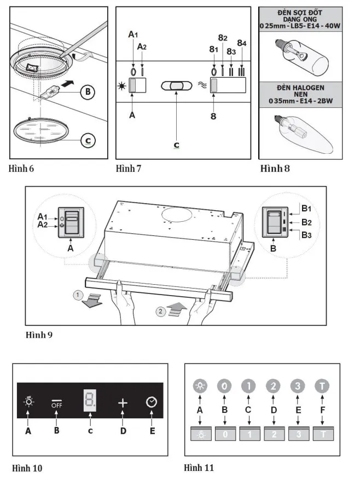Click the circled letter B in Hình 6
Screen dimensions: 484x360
click(86, 92)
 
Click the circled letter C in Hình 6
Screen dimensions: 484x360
click(86, 141)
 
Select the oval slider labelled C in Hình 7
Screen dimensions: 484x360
click(176, 87)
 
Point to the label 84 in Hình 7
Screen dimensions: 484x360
click(242, 42)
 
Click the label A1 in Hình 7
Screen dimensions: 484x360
click(133, 34)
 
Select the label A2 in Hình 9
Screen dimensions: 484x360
click(43, 224)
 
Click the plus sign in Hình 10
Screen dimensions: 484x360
click(122, 402)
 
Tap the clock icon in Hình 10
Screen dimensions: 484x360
click(152, 402)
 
